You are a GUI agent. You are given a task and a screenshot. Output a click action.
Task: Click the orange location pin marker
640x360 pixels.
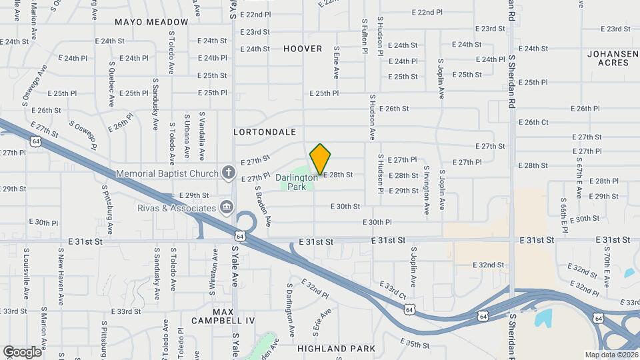click(320, 159)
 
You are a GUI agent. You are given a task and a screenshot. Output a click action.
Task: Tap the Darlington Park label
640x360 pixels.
click(297, 182)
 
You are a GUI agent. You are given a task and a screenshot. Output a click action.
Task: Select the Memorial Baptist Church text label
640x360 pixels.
click(167, 174)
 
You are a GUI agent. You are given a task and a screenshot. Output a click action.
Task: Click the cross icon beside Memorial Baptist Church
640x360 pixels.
click(228, 173)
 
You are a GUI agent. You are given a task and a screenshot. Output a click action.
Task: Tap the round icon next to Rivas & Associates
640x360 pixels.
click(227, 208)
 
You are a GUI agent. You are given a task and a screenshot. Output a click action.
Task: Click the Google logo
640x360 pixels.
click(22, 351)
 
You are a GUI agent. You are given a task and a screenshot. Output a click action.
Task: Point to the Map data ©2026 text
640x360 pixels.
click(610, 355)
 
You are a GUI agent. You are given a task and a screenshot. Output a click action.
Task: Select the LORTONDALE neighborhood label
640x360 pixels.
click(265, 132)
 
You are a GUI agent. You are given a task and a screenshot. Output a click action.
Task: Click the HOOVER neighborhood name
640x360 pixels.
click(303, 49)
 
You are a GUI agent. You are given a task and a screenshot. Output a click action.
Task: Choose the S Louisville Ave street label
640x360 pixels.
click(26, 273)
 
